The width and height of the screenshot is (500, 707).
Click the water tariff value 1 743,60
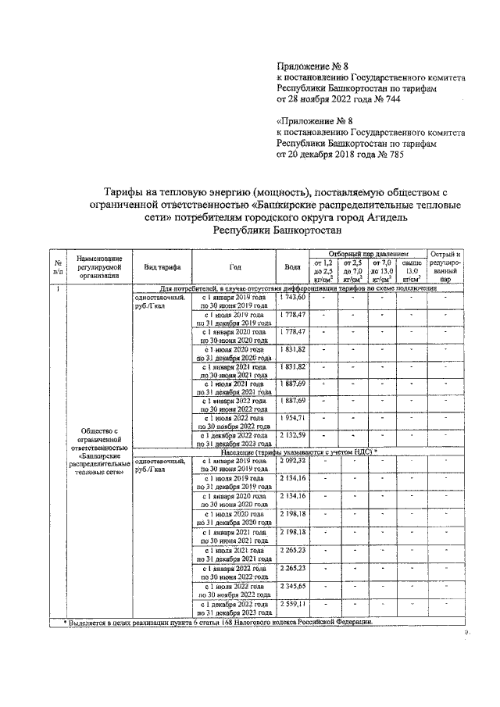tap(292, 298)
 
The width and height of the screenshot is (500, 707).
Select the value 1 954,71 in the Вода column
tap(292, 419)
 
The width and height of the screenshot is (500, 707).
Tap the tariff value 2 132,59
tap(292, 434)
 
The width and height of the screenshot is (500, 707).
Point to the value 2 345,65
tap(292, 586)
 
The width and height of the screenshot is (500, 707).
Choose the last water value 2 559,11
tap(292, 605)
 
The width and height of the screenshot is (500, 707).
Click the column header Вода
tap(292, 266)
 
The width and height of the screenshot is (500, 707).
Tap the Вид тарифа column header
tap(162, 266)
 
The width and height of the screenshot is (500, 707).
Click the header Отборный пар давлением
tap(368, 255)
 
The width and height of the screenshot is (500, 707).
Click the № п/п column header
tap(57, 266)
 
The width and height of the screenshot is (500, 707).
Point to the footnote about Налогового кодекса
tap(219, 622)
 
